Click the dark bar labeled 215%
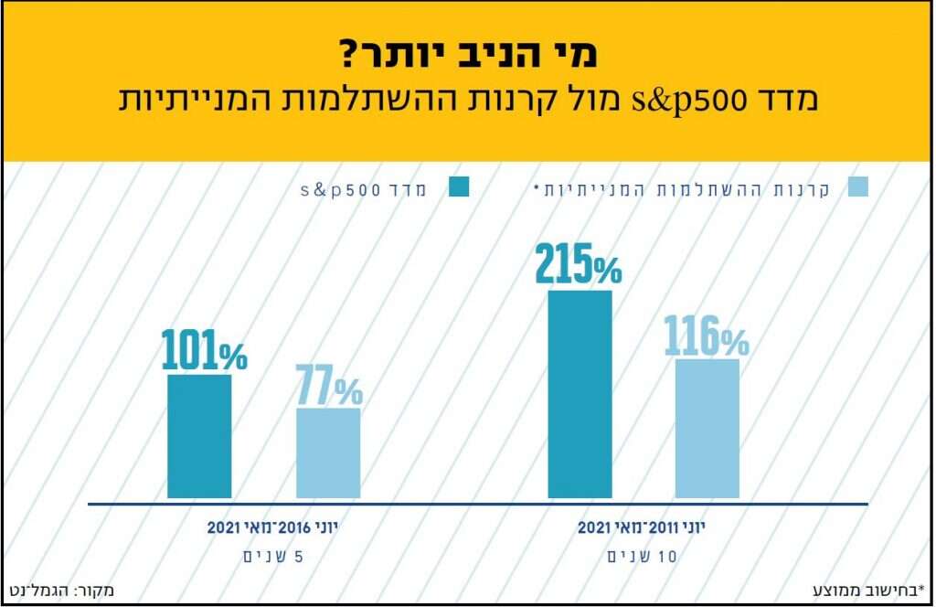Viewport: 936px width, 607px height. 580,395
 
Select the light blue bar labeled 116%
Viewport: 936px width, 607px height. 707,429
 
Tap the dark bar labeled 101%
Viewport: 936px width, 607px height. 199,437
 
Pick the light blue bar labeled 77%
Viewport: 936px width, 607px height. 328,453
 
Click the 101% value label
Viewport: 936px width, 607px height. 204,350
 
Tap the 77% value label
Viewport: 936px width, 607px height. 328,386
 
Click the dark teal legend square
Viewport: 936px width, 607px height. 458,187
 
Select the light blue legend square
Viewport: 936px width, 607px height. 857,187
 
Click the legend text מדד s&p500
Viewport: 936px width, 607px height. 366,188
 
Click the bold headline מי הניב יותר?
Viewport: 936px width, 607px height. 467,54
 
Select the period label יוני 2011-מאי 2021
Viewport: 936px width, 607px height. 643,527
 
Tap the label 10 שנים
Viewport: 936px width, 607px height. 643,556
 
